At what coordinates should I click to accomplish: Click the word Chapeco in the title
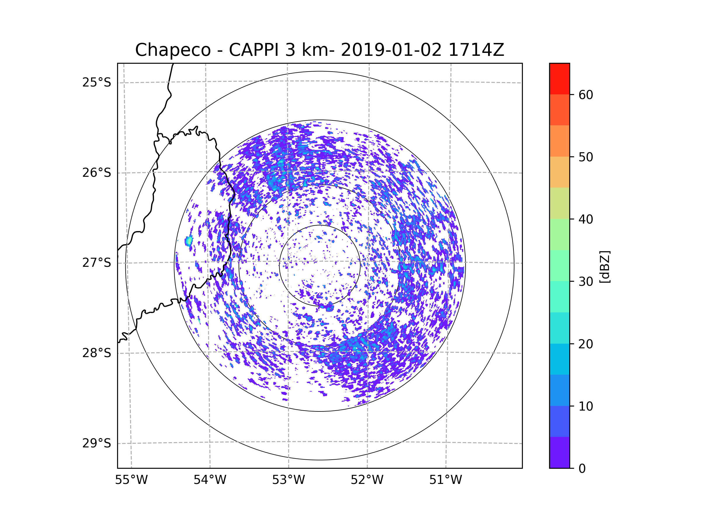[173, 50]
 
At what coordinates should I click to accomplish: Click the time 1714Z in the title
[476, 50]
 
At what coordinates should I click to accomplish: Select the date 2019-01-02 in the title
[391, 50]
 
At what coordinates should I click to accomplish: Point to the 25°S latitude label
[97, 82]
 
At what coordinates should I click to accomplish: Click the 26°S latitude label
[97, 173]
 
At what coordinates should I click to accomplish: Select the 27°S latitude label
[97, 263]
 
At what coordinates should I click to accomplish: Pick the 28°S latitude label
[97, 353]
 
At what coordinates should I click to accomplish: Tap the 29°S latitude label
[97, 443]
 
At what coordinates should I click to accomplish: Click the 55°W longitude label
[131, 480]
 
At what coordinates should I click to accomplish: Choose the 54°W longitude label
[210, 480]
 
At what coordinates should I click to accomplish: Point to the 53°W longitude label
[288, 480]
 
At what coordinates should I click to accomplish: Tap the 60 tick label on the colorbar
[586, 95]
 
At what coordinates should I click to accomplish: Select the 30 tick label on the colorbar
[586, 281]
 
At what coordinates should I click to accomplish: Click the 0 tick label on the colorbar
[582, 469]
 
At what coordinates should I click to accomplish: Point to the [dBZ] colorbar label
[605, 267]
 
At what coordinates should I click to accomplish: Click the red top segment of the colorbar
[559, 79]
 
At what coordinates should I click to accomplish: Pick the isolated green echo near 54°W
[189, 241]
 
